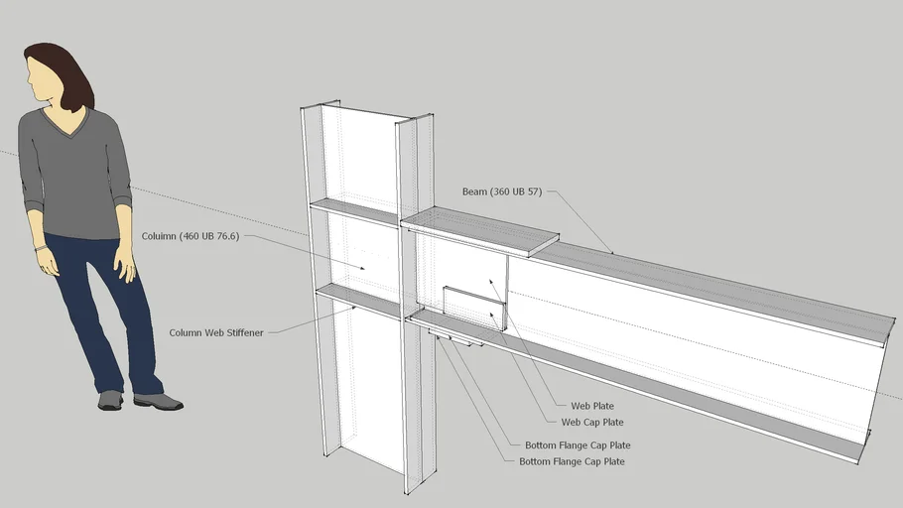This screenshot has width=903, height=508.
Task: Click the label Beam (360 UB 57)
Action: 501,191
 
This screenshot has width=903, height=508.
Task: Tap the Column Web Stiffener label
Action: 216,333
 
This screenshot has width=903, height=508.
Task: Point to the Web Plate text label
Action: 592,406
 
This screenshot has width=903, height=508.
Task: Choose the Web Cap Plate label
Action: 592,423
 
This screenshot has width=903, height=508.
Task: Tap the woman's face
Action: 43,78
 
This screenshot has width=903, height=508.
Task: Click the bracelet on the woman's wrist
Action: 40,247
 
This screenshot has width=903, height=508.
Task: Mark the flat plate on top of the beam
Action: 480,231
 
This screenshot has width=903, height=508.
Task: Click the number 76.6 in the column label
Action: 224,236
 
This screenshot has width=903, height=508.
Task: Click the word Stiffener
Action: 242,333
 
